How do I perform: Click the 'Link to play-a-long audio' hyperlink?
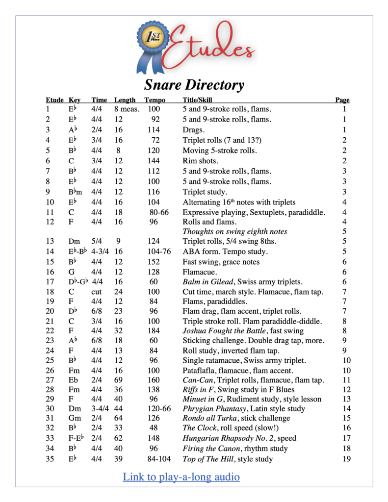click(x=181, y=477)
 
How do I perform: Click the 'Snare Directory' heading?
click(x=194, y=85)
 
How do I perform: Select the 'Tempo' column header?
click(x=155, y=100)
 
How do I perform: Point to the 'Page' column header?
click(x=342, y=100)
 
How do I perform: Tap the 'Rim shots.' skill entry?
click(x=200, y=161)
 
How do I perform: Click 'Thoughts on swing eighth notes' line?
click(x=235, y=231)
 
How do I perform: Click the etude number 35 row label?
click(x=50, y=459)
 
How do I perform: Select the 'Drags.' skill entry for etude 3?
click(x=193, y=130)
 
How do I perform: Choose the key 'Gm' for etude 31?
click(x=75, y=418)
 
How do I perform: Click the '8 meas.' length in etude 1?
click(x=127, y=109)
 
